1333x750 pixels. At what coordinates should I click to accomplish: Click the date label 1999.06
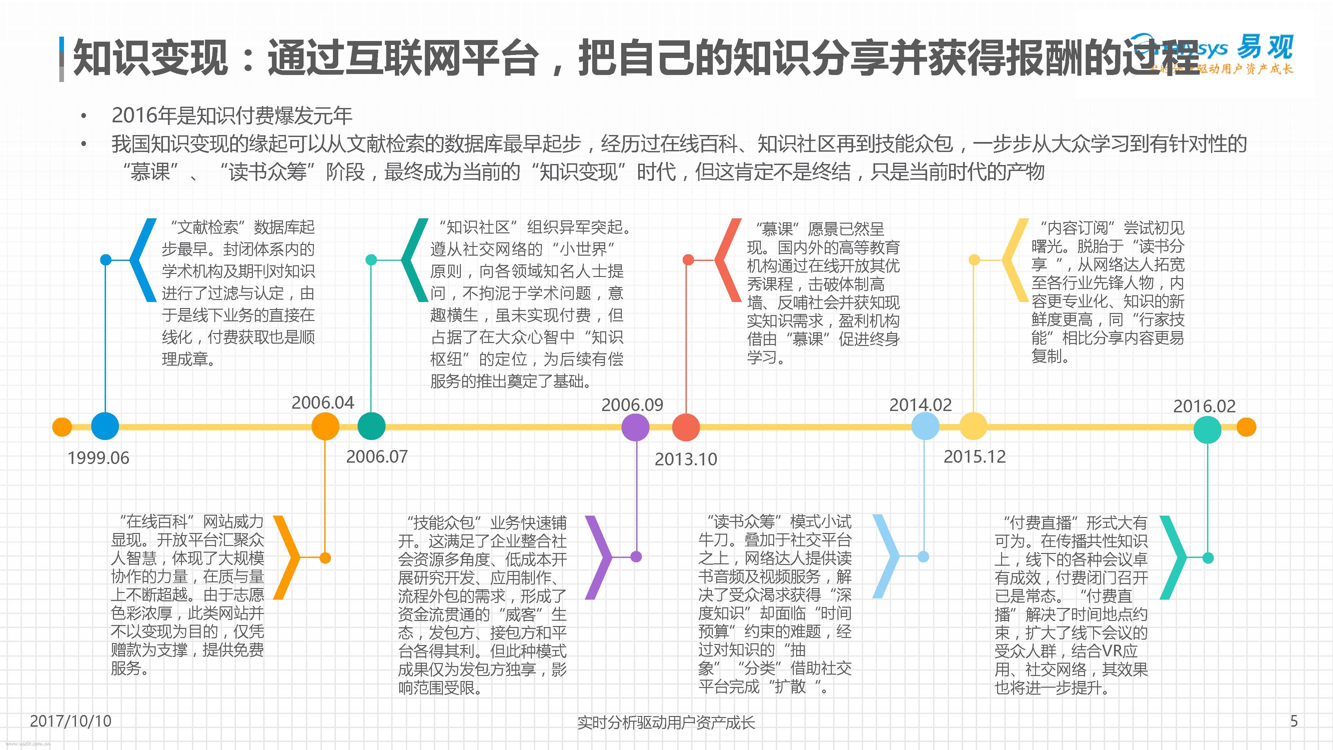point(98,458)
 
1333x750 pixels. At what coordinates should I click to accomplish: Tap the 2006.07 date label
point(377,457)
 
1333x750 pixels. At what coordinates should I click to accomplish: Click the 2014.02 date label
point(920,405)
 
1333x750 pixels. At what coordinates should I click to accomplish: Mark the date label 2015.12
point(974,457)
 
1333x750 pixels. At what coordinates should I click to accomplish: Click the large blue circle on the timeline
point(105,427)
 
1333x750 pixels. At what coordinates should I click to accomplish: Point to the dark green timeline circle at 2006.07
point(372,427)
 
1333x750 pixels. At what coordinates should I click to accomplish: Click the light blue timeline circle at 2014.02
point(925,427)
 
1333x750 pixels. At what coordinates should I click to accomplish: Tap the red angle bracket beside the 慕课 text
point(728,260)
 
